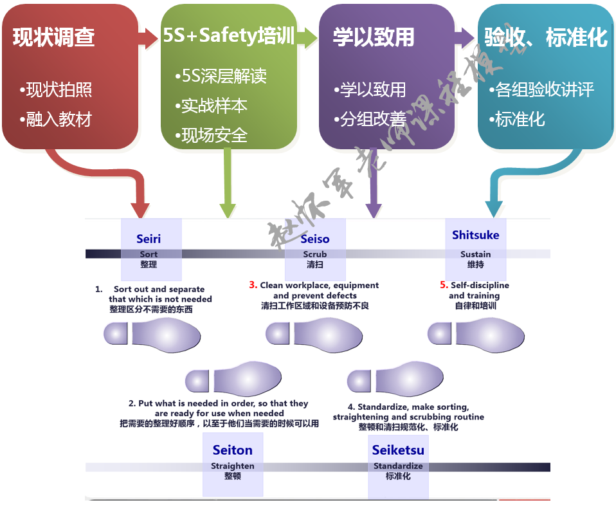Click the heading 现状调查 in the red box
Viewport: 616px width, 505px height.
[54, 37]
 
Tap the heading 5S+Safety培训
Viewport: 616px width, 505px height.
[228, 35]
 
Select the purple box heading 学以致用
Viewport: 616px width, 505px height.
[374, 37]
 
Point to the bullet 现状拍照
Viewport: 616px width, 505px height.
[59, 89]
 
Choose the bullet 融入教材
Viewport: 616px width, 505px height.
[59, 119]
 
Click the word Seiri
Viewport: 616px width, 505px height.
[149, 239]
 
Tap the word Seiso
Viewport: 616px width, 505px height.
[315, 239]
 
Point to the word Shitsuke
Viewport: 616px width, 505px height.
[475, 235]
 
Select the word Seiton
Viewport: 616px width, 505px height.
[233, 450]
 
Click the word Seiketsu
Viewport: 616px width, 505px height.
[398, 450]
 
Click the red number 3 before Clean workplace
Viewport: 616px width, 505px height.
[253, 285]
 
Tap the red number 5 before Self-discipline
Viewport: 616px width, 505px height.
[444, 285]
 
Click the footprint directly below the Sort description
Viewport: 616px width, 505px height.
[152, 334]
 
